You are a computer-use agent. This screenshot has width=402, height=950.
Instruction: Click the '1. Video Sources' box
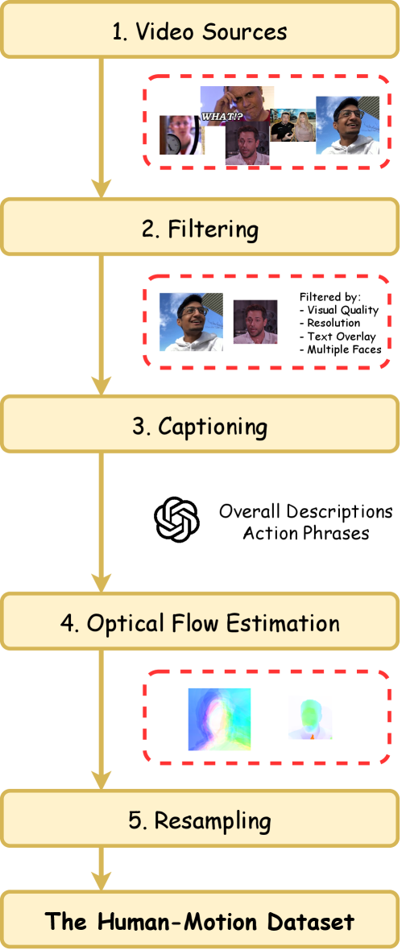(201, 32)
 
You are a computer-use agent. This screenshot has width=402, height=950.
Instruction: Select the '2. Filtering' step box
(201, 229)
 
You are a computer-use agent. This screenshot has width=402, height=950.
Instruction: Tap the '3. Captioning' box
(201, 425)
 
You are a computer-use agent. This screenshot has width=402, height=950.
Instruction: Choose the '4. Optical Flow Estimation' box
(201, 622)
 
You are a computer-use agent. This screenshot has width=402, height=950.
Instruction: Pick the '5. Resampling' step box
(201, 820)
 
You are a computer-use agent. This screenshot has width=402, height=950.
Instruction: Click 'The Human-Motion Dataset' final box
(201, 921)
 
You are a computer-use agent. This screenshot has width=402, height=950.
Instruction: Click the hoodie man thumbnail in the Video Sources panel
(347, 126)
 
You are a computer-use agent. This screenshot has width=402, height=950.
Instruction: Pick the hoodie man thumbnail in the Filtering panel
(191, 322)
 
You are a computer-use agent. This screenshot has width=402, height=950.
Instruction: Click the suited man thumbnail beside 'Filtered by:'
(255, 322)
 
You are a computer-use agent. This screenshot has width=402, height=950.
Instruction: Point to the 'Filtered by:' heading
(329, 296)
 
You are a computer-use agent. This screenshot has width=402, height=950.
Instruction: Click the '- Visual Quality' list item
(338, 310)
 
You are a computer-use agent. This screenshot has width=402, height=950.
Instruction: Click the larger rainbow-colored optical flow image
(219, 719)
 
